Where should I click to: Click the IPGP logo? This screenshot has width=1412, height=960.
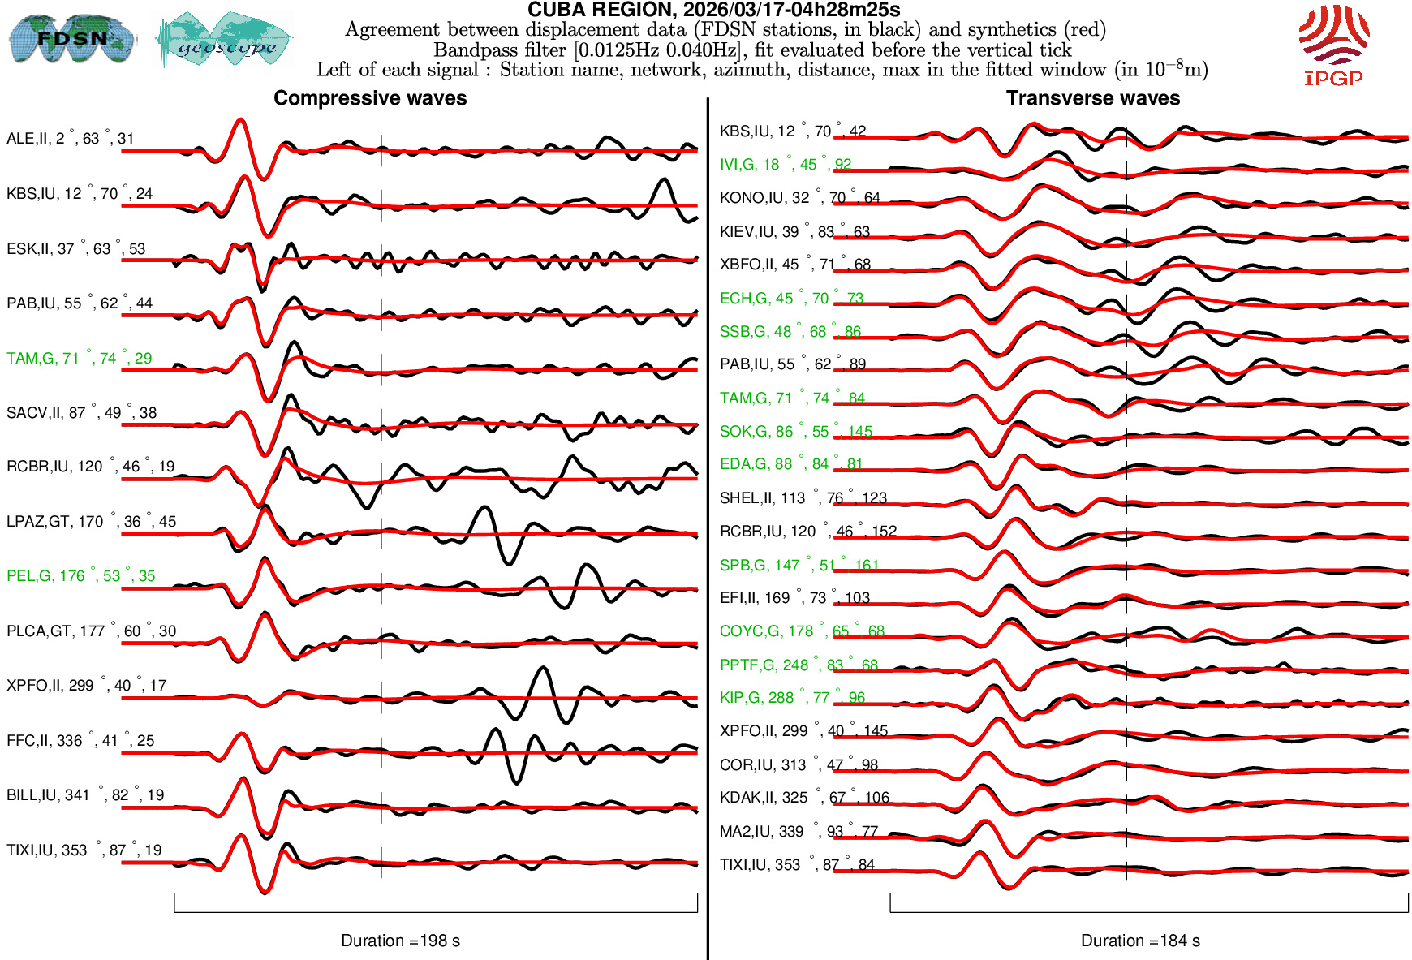point(1333,45)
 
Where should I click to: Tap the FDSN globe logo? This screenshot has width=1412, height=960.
point(71,38)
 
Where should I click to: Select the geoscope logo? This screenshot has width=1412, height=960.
point(225,40)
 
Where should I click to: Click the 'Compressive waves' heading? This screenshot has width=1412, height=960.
point(370,98)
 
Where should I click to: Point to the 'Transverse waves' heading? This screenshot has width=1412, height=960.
point(1093,98)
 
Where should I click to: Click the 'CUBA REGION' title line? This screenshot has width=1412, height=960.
point(713,10)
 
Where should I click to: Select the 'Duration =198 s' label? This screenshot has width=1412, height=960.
point(400,941)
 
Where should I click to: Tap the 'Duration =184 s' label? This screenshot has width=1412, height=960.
point(1140,941)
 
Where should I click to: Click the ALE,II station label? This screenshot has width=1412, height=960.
point(70,139)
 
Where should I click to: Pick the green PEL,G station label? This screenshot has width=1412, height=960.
point(80,576)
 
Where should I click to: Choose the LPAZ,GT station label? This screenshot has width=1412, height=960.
point(91,522)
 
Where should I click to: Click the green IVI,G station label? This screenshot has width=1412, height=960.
point(785,165)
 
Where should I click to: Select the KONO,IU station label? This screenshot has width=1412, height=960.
point(799,198)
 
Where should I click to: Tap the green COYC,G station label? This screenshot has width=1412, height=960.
point(802,631)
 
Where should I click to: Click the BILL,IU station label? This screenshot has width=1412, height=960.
point(85,795)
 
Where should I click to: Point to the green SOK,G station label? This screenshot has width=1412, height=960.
point(795,432)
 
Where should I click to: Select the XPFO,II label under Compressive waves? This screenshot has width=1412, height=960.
point(86,686)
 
